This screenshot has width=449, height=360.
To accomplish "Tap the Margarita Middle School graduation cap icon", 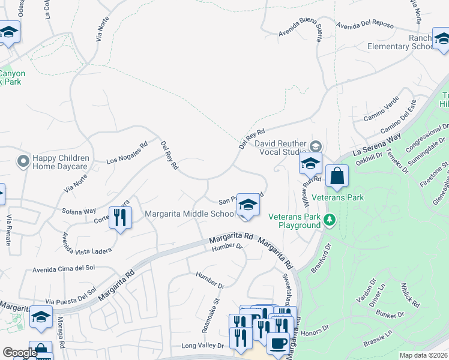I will point(248,205).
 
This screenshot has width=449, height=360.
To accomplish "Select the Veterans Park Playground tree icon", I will point(329,220).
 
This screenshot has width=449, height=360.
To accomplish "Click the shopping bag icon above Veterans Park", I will point(337,176).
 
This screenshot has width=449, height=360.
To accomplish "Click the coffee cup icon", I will point(277,343).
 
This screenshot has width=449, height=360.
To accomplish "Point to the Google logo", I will point(19,352).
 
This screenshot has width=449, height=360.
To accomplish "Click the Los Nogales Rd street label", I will point(127,153).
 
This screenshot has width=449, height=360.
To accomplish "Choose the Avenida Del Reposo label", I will point(365,25).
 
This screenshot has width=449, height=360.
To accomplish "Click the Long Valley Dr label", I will point(202,346).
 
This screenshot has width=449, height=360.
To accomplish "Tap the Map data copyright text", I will point(423,355).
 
